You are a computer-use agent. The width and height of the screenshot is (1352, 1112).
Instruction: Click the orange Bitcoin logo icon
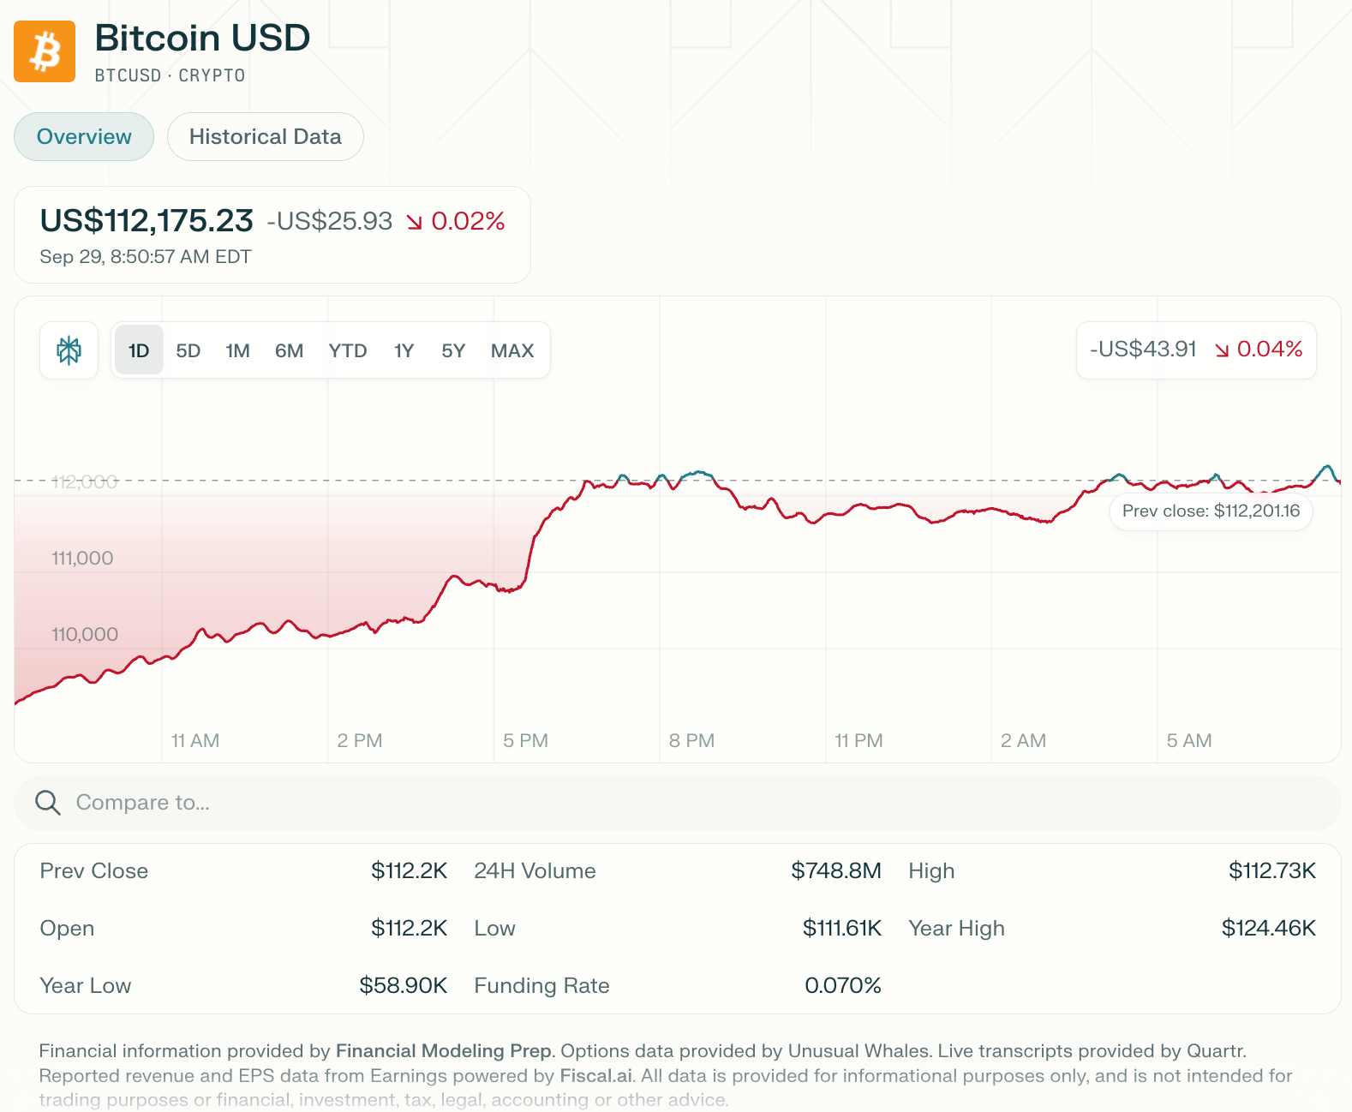click(45, 51)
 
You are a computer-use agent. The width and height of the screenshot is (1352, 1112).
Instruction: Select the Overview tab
click(84, 137)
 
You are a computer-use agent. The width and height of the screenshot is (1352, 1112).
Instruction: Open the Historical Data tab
click(265, 137)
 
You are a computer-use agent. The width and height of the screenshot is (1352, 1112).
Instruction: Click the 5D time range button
click(188, 350)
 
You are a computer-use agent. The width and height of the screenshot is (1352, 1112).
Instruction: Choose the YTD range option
click(347, 350)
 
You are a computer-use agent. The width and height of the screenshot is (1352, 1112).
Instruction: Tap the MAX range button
click(511, 350)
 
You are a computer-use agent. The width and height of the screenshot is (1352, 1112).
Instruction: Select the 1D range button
click(139, 350)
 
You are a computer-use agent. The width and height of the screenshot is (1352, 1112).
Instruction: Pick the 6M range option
click(289, 350)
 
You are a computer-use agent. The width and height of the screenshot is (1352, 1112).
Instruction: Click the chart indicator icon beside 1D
click(69, 350)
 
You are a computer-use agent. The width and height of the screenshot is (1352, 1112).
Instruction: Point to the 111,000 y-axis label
click(82, 559)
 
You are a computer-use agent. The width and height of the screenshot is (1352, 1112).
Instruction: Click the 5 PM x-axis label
click(525, 741)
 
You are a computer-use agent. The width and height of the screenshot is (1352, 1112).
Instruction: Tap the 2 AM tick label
click(1023, 741)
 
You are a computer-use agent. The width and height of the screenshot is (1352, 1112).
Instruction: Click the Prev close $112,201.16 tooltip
click(1211, 511)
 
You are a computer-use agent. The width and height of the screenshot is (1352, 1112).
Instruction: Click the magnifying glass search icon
click(48, 803)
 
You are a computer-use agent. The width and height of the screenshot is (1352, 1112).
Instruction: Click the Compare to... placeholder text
click(143, 803)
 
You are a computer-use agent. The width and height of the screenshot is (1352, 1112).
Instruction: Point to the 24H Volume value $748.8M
click(835, 871)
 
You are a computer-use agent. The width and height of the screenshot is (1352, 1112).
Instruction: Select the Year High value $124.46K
click(1268, 929)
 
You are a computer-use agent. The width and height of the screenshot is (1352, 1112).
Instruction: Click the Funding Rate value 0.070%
click(842, 986)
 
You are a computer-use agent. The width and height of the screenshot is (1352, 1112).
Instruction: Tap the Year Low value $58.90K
click(403, 986)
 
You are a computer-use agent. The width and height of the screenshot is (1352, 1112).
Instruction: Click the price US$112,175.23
click(147, 221)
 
